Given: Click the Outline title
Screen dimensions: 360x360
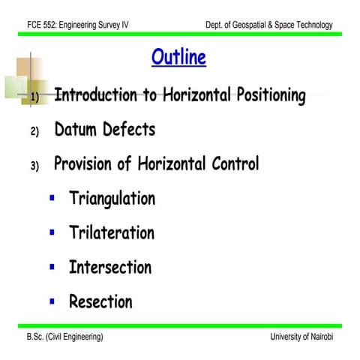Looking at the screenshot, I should [x=178, y=58].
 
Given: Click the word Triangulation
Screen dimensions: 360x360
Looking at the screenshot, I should [x=112, y=199].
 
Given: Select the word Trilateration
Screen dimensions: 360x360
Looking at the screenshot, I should [x=111, y=233].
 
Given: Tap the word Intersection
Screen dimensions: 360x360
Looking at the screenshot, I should [x=109, y=268].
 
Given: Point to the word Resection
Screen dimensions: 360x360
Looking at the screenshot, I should [x=100, y=302].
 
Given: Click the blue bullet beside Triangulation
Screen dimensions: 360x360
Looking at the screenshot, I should [x=52, y=199].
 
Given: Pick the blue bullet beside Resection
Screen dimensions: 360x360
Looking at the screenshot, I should [x=52, y=302].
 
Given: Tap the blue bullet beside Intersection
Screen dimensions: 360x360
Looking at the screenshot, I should [x=52, y=267].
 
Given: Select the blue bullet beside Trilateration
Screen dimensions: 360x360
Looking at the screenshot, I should [x=52, y=233].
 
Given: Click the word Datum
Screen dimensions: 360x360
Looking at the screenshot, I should [x=76, y=130].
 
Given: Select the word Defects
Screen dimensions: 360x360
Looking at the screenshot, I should [x=129, y=130].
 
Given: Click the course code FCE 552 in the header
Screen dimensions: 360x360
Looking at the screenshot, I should [x=44, y=25].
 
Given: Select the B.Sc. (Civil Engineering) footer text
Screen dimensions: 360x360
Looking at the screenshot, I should [x=65, y=337].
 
